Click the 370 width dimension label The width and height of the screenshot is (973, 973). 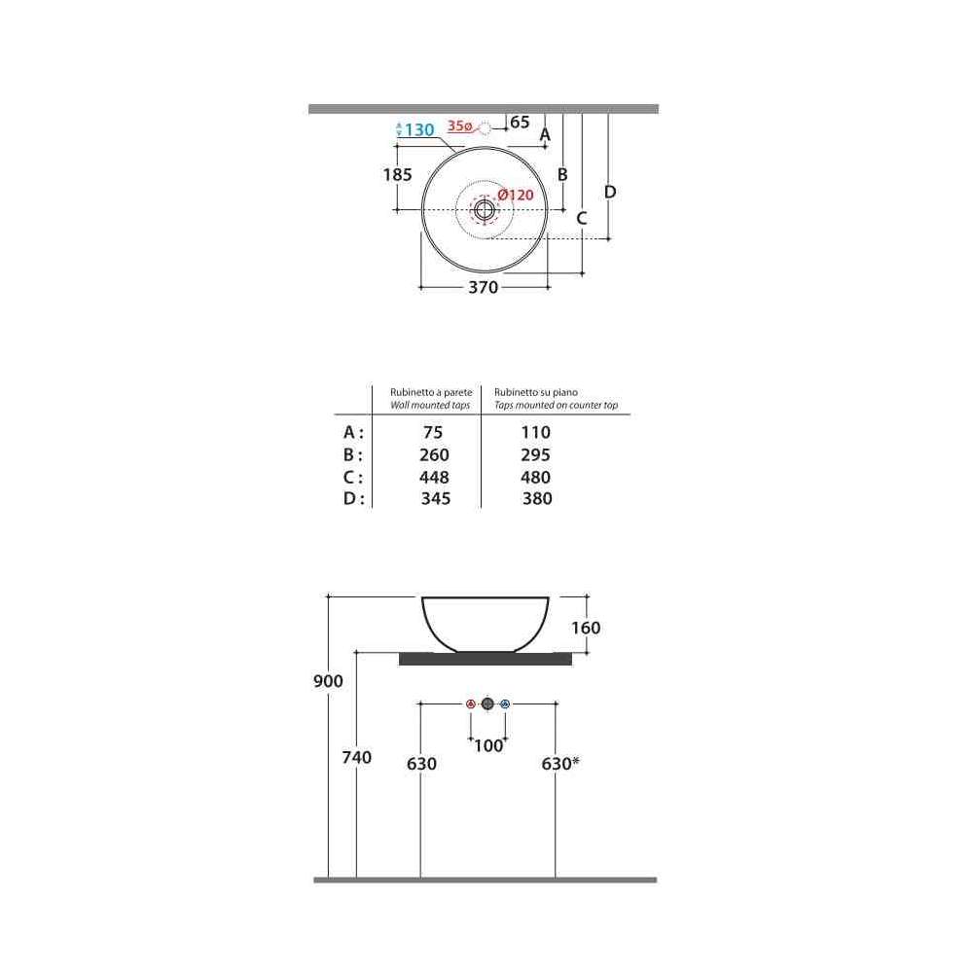(x=484, y=287)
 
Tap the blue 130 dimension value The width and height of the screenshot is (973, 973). (x=419, y=129)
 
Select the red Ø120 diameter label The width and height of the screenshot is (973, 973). (x=516, y=195)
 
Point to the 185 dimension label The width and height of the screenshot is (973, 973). (x=398, y=175)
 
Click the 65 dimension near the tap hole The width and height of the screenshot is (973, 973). (x=520, y=123)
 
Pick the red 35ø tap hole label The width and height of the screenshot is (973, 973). (x=460, y=126)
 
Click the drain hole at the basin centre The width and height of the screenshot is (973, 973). (x=485, y=210)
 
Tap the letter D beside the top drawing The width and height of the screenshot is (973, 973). (x=610, y=193)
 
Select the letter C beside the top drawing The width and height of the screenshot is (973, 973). (x=582, y=218)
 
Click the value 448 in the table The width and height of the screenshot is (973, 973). (x=434, y=477)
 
